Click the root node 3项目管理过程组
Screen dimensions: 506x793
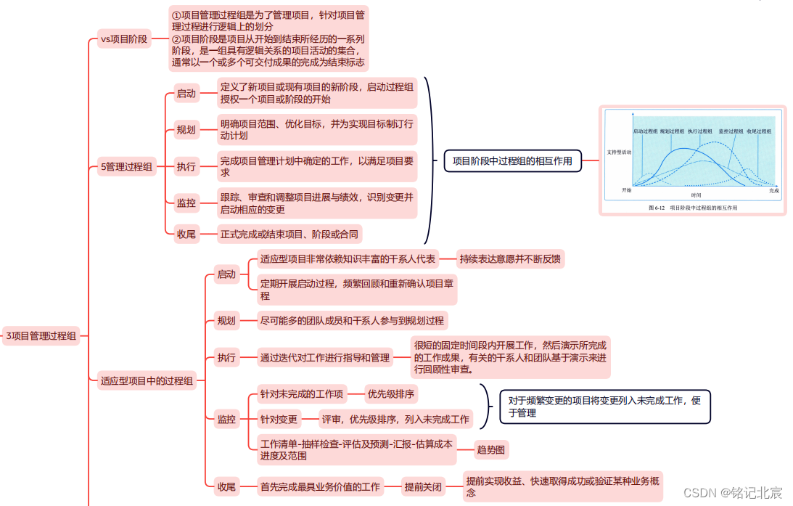click(x=41, y=335)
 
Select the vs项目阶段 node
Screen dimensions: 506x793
click(x=123, y=39)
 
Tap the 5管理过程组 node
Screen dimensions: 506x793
click(x=126, y=167)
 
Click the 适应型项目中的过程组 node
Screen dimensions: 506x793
click(x=147, y=380)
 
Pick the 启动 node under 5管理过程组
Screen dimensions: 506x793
click(x=186, y=94)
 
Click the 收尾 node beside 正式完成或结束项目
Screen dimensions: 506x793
click(x=186, y=234)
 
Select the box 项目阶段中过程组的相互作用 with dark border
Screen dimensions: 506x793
click(x=512, y=161)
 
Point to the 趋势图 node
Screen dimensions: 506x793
click(x=492, y=450)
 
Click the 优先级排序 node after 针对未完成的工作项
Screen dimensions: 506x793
click(x=391, y=394)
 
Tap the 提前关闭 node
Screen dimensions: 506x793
click(x=422, y=487)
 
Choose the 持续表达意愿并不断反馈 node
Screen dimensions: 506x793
click(x=511, y=258)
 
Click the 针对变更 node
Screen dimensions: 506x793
click(x=279, y=419)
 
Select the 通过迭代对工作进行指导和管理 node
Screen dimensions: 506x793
click(x=325, y=357)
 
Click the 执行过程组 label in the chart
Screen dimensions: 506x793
click(x=700, y=131)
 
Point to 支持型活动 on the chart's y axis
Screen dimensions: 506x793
click(x=619, y=152)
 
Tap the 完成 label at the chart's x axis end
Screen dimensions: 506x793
click(x=773, y=190)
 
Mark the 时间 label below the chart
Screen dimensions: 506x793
click(x=696, y=195)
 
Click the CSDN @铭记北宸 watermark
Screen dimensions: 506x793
click(x=734, y=493)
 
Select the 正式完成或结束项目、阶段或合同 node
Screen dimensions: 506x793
click(x=289, y=234)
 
